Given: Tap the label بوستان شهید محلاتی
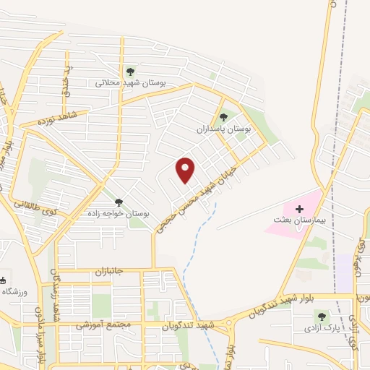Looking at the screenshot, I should (131, 82).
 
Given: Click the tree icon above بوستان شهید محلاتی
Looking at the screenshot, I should (130, 71).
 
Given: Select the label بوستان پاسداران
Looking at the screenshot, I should (223, 129).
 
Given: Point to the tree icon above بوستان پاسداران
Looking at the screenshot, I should (223, 116).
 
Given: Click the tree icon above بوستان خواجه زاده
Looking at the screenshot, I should (119, 202).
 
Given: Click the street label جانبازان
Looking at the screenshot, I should (110, 272).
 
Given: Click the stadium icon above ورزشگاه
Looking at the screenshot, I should (3, 280).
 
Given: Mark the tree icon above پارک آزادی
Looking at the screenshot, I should (322, 316).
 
